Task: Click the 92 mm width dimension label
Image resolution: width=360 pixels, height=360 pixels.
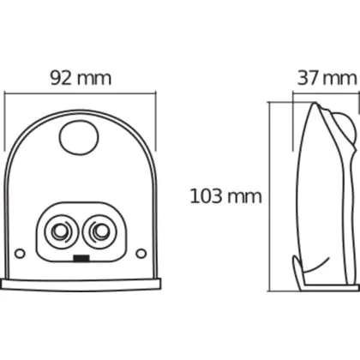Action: click(x=81, y=78)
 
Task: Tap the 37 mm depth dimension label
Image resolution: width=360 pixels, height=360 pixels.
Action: click(x=327, y=78)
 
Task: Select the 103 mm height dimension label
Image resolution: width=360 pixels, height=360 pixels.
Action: click(x=225, y=196)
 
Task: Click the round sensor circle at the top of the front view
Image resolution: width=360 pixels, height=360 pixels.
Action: click(x=79, y=138)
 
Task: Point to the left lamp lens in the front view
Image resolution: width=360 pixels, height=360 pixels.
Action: click(x=62, y=231)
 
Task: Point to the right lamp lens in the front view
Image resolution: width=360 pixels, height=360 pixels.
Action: click(x=99, y=231)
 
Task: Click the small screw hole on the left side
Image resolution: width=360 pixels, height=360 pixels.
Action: click(x=20, y=253)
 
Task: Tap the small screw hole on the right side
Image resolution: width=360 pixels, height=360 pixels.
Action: click(x=141, y=253)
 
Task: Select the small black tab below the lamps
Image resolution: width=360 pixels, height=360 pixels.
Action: click(x=81, y=258)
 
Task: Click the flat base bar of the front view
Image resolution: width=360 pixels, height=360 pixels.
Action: click(x=80, y=285)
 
